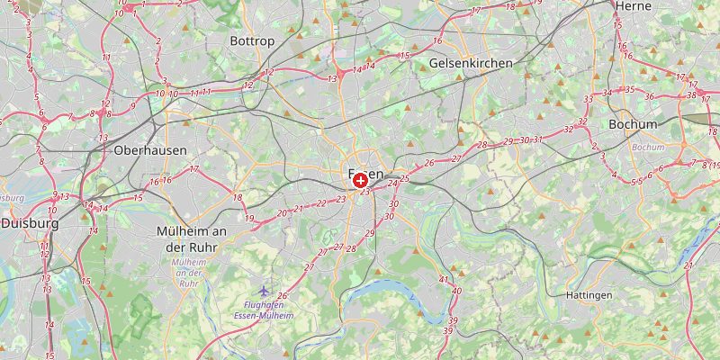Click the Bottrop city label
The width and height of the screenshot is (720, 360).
coord(251,41)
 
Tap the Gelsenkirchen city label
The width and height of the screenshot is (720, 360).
coord(471,63)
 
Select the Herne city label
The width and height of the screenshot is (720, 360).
coord(632,5)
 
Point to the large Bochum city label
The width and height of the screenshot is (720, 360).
coord(633,124)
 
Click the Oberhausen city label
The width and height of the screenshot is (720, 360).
coord(149,151)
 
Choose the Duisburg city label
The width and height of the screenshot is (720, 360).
coord(29,222)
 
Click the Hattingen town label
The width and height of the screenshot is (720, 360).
coord(589,295)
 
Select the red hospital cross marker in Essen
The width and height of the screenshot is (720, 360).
coord(361,181)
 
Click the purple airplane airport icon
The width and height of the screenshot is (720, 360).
coord(263,291)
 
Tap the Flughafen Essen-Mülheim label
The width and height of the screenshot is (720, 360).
coord(263,310)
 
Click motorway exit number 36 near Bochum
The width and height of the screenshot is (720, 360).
coord(649,96)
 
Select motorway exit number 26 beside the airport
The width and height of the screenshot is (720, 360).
coord(282,296)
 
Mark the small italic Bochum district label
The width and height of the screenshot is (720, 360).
coord(648,147)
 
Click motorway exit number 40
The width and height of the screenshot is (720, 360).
coord(456,291)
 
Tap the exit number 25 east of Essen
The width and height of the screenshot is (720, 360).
coord(404,178)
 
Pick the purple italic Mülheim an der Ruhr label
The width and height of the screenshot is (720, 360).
coord(188,273)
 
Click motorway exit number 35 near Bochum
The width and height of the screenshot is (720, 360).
coord(630,90)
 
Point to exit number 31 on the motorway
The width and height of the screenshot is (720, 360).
coord(538,139)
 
